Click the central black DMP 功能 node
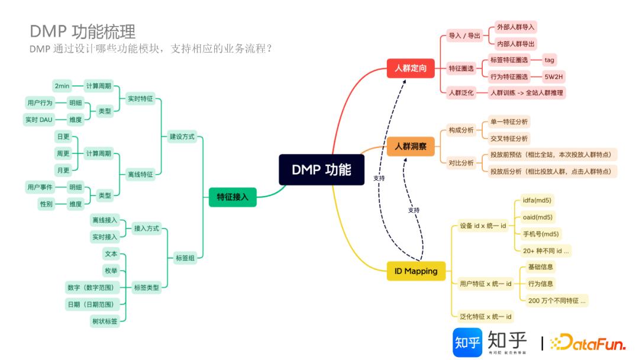point(321,170)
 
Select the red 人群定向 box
point(410,68)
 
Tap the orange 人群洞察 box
point(410,146)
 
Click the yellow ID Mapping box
point(416,271)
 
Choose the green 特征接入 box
point(233,197)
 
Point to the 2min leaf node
point(62,86)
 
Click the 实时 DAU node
point(39,120)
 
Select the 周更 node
point(63,153)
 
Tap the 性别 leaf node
point(46,204)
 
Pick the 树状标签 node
point(104,321)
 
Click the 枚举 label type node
point(111,271)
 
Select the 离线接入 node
point(105,220)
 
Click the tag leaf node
point(549,60)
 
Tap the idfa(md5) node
point(537,200)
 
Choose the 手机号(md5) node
point(541,234)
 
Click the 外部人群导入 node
point(515,27)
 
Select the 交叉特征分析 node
point(509,139)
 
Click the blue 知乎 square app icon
point(467,342)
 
